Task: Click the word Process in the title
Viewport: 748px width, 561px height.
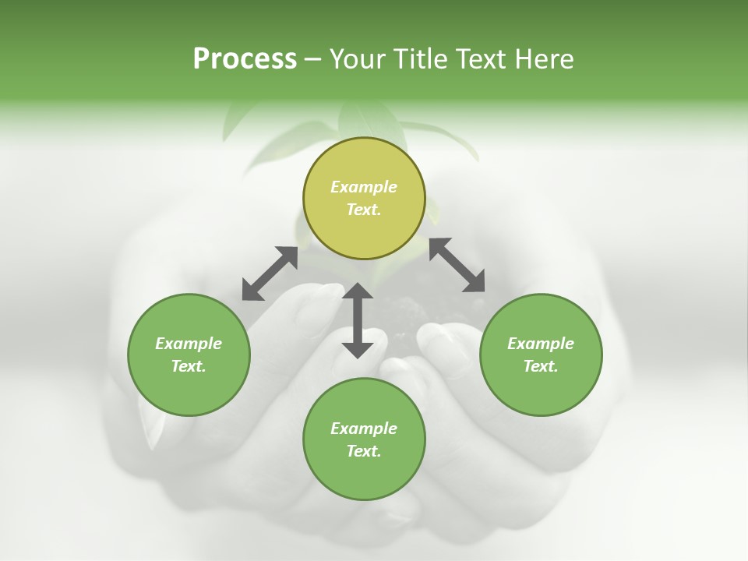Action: [x=245, y=59]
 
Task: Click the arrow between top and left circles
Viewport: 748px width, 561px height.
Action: [x=270, y=273]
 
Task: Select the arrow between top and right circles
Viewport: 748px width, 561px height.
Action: [x=457, y=265]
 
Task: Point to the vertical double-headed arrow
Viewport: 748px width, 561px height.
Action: [x=358, y=320]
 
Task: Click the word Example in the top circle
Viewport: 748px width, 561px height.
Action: [x=364, y=187]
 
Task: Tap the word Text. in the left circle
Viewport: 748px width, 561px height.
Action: [x=189, y=366]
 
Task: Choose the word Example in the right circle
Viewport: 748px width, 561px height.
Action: [x=541, y=344]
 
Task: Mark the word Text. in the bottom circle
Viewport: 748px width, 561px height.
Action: [x=364, y=451]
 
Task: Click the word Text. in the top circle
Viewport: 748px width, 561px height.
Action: [x=364, y=210]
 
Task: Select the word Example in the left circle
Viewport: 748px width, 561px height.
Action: [x=189, y=344]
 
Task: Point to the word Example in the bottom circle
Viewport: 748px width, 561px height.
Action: [x=364, y=429]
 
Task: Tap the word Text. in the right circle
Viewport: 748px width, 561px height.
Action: [x=541, y=366]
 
